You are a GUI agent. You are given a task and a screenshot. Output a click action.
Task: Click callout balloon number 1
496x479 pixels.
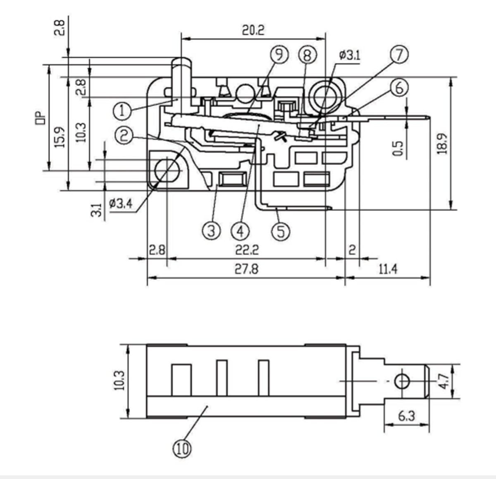(x=122, y=111)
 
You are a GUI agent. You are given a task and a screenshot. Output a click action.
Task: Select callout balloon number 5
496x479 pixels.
(x=281, y=231)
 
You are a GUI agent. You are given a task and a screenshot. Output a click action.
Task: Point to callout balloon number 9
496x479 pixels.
(x=279, y=55)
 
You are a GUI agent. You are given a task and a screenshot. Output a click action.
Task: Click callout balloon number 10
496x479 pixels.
(x=182, y=448)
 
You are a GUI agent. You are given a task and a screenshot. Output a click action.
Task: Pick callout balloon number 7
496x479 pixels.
(x=399, y=55)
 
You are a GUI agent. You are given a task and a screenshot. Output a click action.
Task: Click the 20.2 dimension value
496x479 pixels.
(x=253, y=30)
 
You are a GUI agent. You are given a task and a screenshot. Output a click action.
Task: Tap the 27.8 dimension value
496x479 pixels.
(x=246, y=269)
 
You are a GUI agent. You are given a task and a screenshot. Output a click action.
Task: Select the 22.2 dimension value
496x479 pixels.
(x=247, y=250)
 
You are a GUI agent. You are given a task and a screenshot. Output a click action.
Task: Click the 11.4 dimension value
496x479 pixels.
(x=388, y=269)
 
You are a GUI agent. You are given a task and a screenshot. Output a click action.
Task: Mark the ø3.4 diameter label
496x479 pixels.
(x=121, y=204)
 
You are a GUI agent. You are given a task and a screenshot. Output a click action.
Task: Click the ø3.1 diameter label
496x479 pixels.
(x=349, y=55)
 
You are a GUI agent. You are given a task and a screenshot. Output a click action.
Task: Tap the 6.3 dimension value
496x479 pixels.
(x=407, y=416)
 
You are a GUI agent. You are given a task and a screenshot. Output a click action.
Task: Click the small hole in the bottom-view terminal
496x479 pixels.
(x=401, y=381)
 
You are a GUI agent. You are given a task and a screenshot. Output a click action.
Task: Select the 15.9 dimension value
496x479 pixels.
(x=59, y=137)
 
